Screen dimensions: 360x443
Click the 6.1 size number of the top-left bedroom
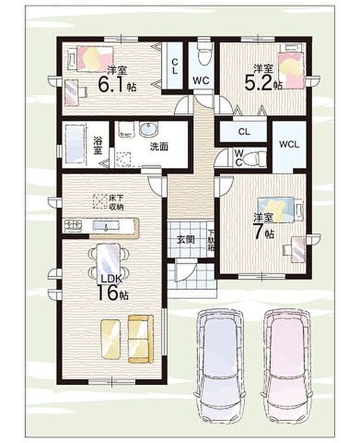(111, 84)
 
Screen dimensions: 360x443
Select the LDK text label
(111, 279)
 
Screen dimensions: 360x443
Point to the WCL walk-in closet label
(289, 145)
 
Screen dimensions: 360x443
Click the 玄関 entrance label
(186, 240)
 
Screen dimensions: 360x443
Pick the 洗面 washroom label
(159, 147)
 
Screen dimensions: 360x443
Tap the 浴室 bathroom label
(98, 145)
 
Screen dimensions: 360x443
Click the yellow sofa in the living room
(141, 339)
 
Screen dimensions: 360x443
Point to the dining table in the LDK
(107, 261)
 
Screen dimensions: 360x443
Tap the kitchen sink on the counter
(106, 226)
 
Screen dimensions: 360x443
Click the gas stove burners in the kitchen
(74, 225)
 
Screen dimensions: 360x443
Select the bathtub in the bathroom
(75, 144)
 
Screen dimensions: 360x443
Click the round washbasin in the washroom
(148, 130)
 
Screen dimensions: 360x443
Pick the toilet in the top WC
(204, 53)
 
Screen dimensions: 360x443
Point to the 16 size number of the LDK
(107, 292)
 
